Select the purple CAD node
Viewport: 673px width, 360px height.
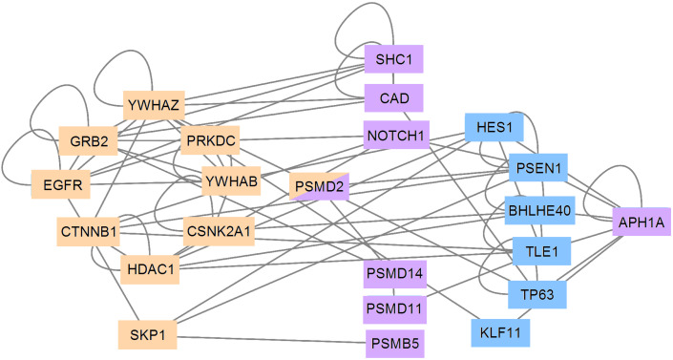(x=393, y=98)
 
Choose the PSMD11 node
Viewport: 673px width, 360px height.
(x=394, y=309)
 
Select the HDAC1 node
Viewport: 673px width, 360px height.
(x=149, y=271)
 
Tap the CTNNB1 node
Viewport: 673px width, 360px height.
(x=88, y=231)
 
